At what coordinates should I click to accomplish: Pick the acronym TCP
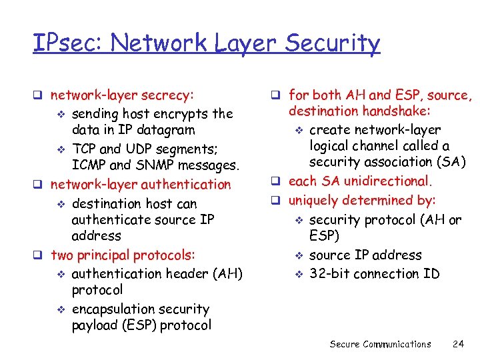point(84,148)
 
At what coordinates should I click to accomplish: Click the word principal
point(103,255)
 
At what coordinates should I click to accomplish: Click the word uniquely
point(313,200)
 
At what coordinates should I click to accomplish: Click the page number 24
point(457,344)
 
